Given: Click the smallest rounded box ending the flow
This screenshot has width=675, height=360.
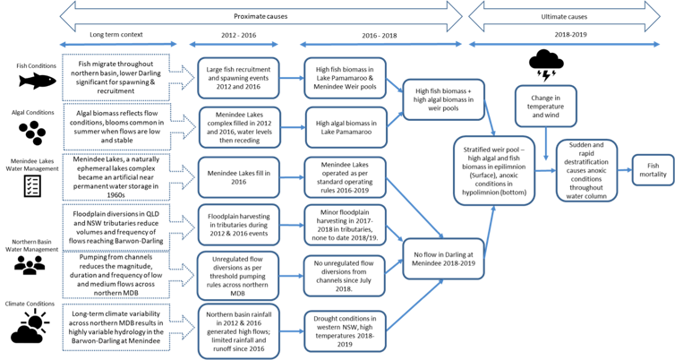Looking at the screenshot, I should click(x=653, y=170).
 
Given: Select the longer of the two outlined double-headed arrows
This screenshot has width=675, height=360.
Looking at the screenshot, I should click(x=261, y=15).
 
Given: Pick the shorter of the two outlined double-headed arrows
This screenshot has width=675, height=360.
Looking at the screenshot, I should click(x=564, y=15).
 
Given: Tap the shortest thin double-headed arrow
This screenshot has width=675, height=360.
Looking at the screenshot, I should click(x=234, y=45).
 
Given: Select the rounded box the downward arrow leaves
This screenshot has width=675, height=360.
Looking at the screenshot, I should click(x=545, y=106).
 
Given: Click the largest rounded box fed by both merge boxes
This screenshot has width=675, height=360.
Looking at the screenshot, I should click(x=494, y=170).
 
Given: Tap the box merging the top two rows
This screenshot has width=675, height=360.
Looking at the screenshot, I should click(x=443, y=99).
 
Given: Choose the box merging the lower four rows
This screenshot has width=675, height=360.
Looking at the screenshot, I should click(x=443, y=259).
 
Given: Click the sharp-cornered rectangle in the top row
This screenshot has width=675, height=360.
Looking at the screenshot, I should click(x=116, y=77).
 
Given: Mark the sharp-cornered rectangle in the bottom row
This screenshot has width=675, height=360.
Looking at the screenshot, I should click(x=116, y=328).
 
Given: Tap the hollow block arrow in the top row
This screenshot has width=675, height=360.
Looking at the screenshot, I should click(x=183, y=77).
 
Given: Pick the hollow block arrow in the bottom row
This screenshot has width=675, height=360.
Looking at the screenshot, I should click(x=183, y=328).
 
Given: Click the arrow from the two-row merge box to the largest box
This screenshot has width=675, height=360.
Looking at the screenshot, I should click(x=490, y=119).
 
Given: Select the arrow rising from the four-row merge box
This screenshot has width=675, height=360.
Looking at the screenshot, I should click(x=490, y=231).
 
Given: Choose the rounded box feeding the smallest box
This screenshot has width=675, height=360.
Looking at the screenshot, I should click(x=586, y=170).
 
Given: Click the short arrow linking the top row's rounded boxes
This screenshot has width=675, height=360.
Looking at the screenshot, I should click(x=292, y=78).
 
